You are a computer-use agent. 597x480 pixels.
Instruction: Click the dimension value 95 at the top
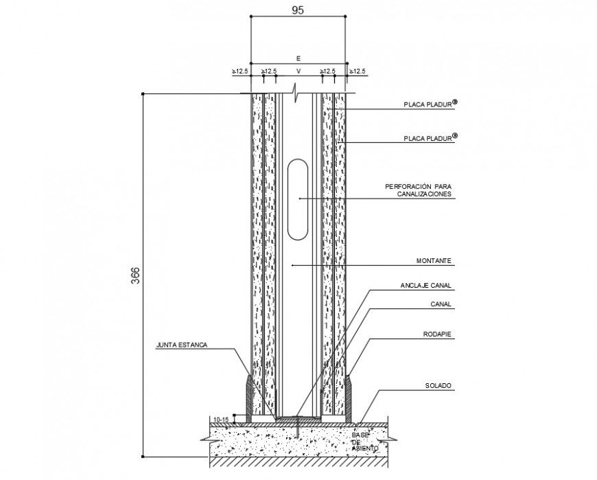pos(298,10)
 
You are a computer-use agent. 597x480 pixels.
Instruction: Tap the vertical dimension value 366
pos(135,275)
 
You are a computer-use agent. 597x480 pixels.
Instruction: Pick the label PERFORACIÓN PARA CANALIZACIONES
pos(418,191)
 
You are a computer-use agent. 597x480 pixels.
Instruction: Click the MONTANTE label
pos(434,261)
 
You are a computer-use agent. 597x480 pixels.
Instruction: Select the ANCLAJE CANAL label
pos(425,285)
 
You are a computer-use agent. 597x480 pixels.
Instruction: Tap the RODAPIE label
pos(437,334)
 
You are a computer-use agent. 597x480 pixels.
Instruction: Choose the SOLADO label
pos(438,386)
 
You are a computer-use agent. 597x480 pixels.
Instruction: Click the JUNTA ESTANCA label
pos(182,345)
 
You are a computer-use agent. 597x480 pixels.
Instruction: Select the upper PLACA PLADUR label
pos(430,104)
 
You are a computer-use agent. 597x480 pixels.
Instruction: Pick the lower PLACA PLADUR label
pos(430,138)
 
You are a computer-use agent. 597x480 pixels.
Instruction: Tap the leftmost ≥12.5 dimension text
pos(240,71)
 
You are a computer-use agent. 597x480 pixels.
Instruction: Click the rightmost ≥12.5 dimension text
pos(358,71)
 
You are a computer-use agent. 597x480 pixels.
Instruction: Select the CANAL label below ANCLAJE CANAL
pos(441,304)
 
